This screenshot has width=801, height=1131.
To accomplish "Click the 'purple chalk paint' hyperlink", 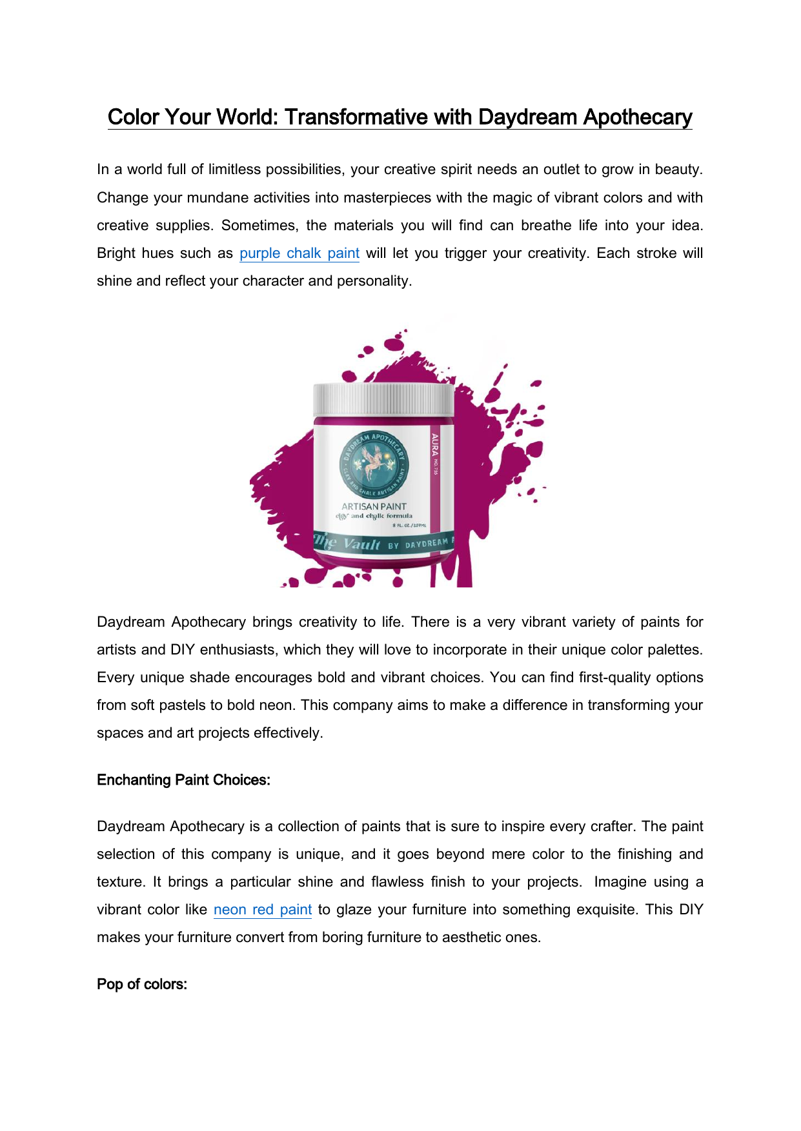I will [x=299, y=253].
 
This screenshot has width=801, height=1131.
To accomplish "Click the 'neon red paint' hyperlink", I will [x=262, y=910].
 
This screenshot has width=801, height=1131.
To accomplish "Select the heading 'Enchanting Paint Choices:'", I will [x=183, y=780].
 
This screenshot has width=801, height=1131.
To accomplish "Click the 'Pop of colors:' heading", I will [x=142, y=985].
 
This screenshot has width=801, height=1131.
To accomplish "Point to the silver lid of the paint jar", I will [x=383, y=400].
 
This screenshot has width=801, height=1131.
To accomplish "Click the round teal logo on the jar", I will [x=374, y=464].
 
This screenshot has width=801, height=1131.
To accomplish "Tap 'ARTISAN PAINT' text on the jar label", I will [x=374, y=507].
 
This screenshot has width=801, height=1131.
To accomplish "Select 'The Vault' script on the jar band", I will [x=348, y=544].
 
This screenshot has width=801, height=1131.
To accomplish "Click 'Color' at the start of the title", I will [x=133, y=117].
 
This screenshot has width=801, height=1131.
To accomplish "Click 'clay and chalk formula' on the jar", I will [x=374, y=516].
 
